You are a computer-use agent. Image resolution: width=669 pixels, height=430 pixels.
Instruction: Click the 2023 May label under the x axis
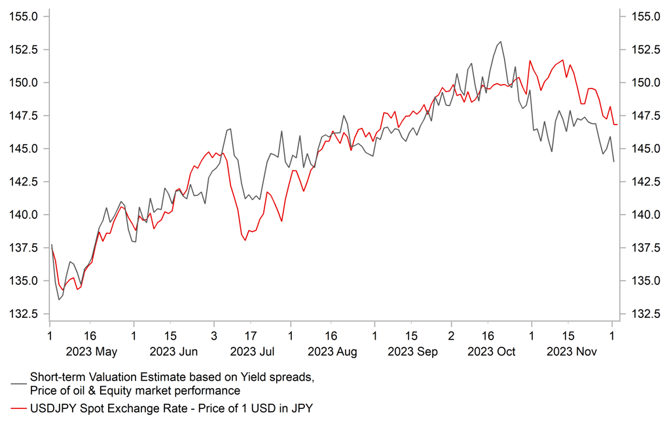tap(92, 351)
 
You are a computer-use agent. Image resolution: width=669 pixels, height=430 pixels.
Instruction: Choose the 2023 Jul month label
tap(252, 351)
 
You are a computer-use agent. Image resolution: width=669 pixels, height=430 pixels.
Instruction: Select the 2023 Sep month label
tap(412, 351)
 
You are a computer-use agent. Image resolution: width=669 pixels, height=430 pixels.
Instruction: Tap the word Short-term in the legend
tap(56, 377)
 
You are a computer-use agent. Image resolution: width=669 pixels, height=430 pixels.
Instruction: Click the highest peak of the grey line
tap(501, 41)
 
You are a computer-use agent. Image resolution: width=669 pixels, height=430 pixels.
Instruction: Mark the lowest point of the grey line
tap(59, 300)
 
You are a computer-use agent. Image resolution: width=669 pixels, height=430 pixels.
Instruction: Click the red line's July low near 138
tap(245, 240)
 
